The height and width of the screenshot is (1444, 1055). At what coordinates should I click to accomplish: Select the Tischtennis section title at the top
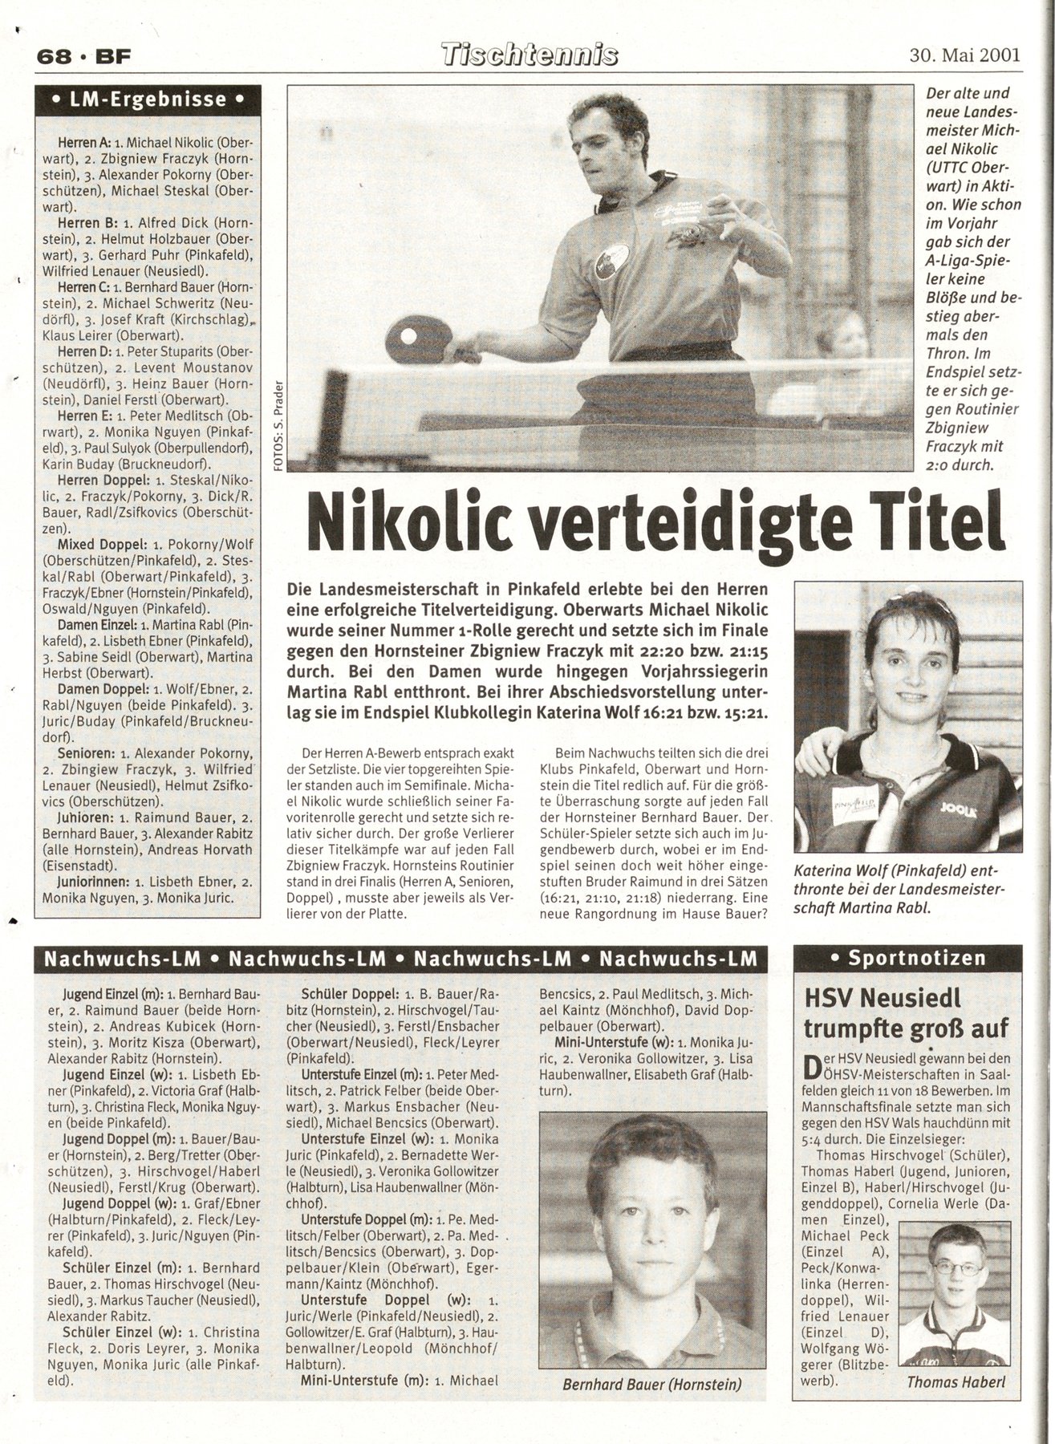[x=531, y=55]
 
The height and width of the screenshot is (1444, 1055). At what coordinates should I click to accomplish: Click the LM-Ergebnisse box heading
[x=148, y=100]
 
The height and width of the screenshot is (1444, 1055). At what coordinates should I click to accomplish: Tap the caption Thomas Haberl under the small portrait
[x=955, y=1381]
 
